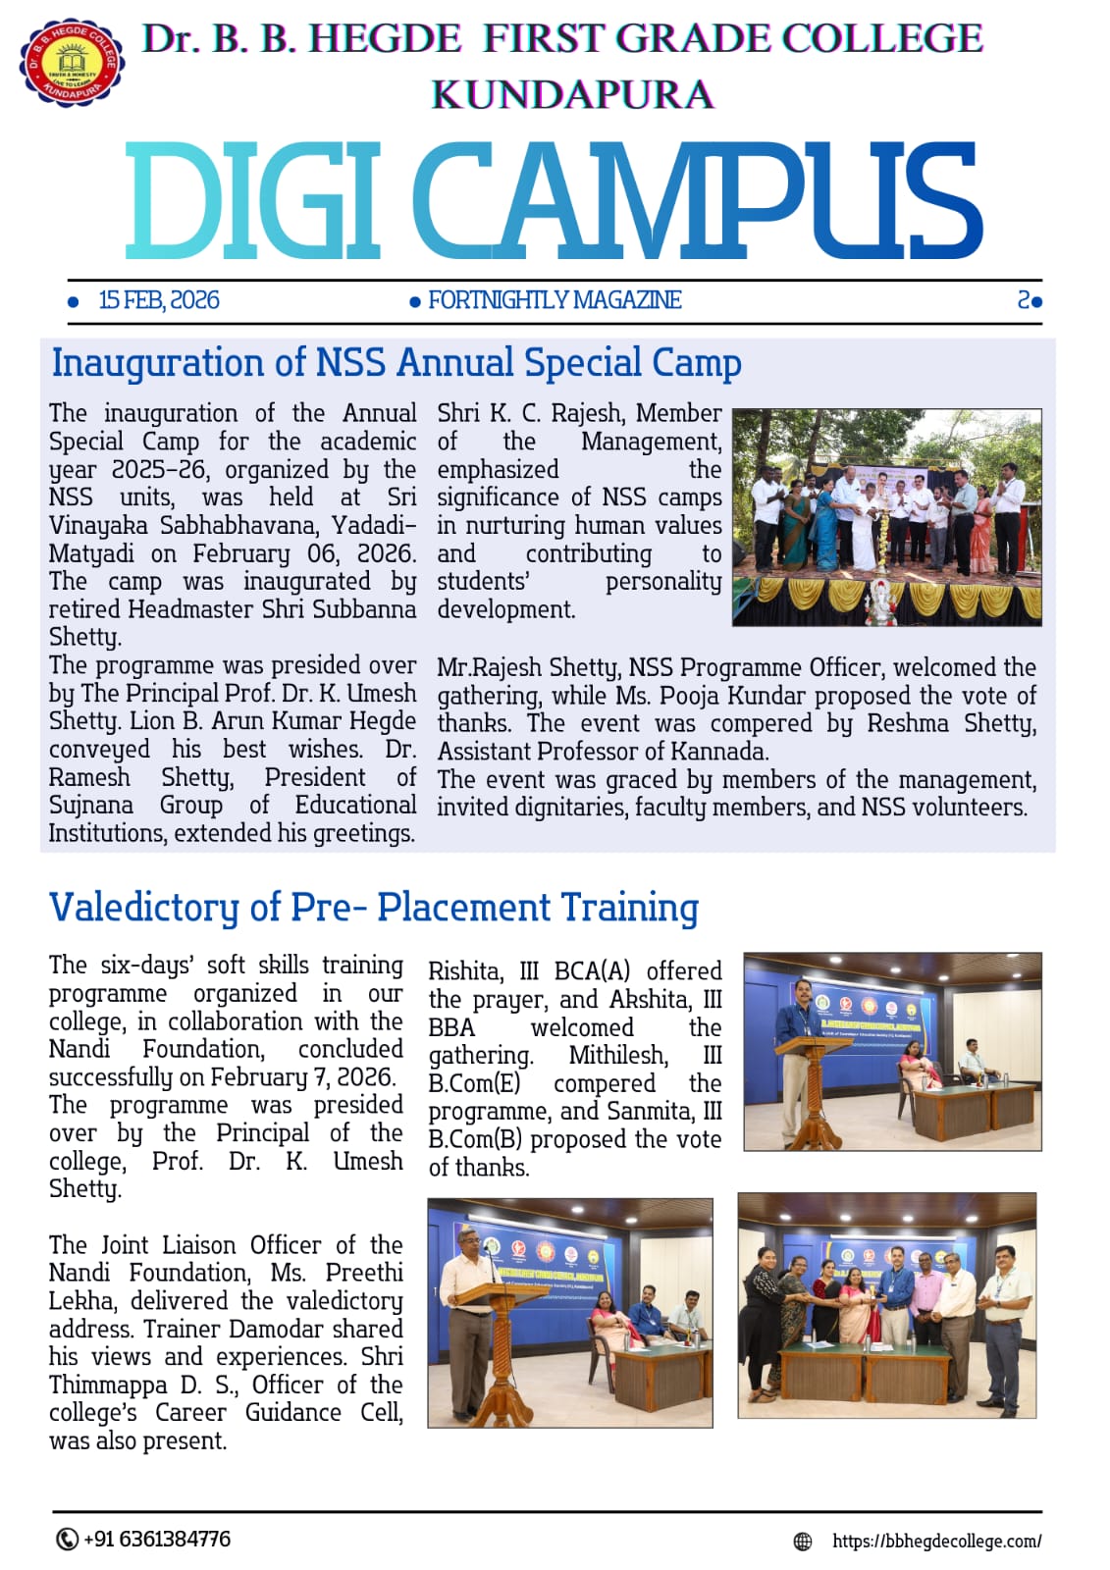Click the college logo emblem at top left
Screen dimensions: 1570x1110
(71, 61)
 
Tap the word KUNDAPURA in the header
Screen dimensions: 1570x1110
(572, 95)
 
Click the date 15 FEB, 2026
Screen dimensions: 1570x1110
(159, 300)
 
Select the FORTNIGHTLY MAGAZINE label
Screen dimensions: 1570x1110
(555, 300)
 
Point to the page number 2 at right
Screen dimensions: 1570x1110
(1024, 300)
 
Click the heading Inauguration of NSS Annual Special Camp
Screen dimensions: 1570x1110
(396, 362)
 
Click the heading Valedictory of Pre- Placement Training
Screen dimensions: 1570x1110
(373, 908)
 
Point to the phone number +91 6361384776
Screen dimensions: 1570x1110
(157, 1539)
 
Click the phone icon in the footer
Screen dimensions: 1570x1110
(66, 1539)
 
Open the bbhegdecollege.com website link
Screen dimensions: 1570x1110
(936, 1541)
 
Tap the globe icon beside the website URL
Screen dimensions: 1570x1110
(803, 1542)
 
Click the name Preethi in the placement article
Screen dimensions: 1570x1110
(364, 1273)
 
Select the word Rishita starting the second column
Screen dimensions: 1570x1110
(465, 971)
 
